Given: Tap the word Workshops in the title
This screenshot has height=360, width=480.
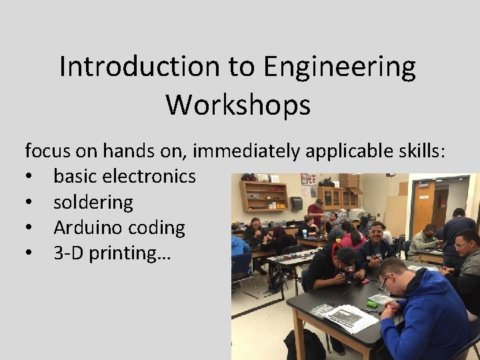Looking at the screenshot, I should [x=238, y=105].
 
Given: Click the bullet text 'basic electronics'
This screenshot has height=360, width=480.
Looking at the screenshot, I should [x=125, y=176].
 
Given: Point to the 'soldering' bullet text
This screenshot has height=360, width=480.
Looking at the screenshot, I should [x=93, y=202].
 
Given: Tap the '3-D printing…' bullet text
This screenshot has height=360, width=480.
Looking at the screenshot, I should [x=112, y=253].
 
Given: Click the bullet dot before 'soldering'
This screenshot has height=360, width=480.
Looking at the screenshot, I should [x=29, y=203].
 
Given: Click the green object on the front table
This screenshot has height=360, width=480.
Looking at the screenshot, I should [x=372, y=304].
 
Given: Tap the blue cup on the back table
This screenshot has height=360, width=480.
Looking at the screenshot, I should [x=304, y=233].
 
